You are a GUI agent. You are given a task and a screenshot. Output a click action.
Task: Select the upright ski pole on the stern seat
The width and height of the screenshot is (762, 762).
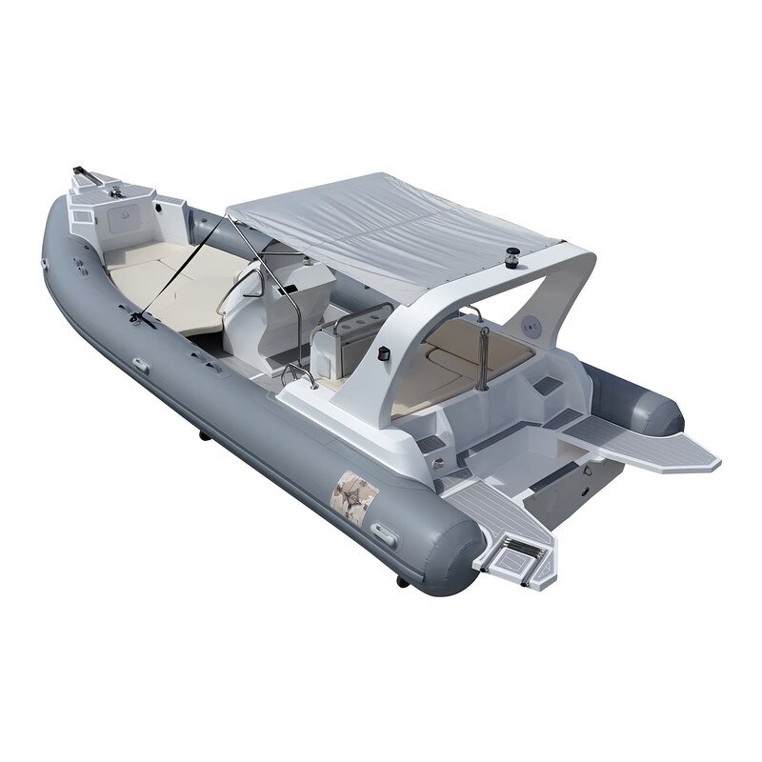pyautogui.click(x=485, y=357)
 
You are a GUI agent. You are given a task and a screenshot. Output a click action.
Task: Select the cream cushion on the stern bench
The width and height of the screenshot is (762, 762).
pyautogui.click(x=467, y=352)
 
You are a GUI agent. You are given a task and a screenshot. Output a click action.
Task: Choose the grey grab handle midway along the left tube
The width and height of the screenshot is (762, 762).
pyautogui.click(x=141, y=366)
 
